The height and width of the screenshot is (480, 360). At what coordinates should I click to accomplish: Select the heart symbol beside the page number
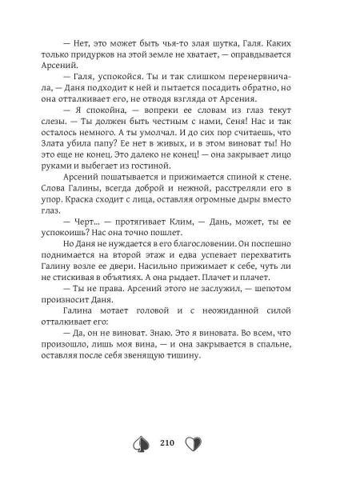193,444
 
